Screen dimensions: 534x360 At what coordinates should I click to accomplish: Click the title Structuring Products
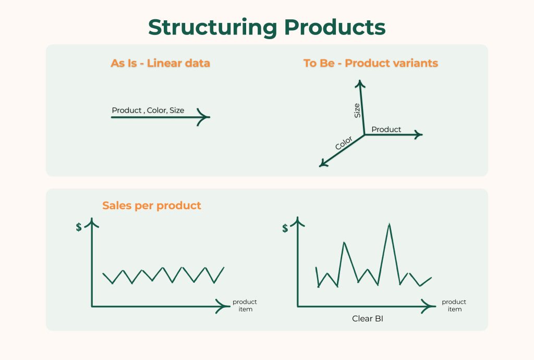pos(266,27)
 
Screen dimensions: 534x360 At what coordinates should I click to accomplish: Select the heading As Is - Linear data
pos(160,63)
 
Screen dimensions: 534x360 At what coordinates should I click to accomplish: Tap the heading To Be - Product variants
pos(371,63)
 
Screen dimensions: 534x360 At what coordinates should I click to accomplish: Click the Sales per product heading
pos(152,206)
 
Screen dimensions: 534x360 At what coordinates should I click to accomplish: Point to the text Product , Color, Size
pos(148,110)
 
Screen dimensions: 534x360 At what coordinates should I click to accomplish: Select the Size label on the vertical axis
pos(357,111)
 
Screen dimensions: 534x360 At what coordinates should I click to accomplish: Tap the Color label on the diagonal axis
pos(344,143)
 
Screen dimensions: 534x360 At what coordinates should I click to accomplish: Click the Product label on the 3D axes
pos(386,129)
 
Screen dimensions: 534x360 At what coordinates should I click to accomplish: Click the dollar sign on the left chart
pos(79,227)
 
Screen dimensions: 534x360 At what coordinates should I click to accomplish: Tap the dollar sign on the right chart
pos(285,228)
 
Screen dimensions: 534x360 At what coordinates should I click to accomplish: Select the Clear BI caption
pos(368,318)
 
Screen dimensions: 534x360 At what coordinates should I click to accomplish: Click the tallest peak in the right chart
pos(389,224)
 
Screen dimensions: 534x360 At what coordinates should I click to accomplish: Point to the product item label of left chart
pos(245,306)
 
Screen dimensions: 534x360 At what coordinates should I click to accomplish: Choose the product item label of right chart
pos(454,306)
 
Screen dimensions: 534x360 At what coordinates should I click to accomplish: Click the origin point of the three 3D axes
pos(365,135)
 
